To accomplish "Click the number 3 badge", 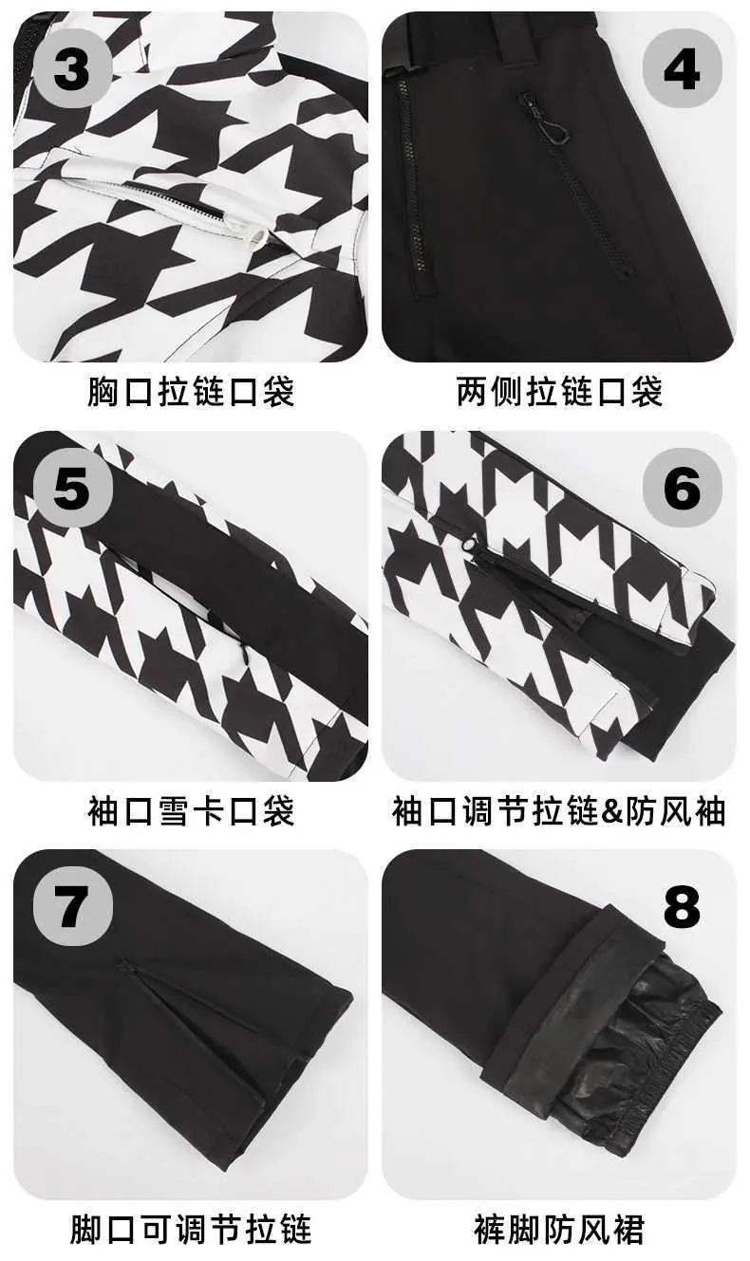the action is pos(72,70).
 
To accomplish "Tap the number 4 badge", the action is pos(682,70).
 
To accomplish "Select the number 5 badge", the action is pos(72,488).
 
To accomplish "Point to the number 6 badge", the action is pos(682,488).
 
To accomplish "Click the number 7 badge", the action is pos(72,906).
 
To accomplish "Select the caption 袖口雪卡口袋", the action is pos(191,810).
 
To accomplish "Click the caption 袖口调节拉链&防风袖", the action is pos(558,810).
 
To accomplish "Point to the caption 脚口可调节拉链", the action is pos(191,1229).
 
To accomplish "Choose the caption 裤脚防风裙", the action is pos(559,1229).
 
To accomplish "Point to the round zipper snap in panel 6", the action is pos(468,545).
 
